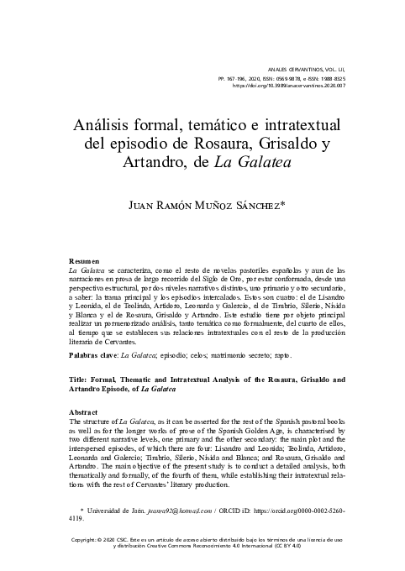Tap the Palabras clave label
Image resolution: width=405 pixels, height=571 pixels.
tap(93, 357)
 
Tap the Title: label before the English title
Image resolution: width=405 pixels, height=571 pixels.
tap(80, 380)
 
